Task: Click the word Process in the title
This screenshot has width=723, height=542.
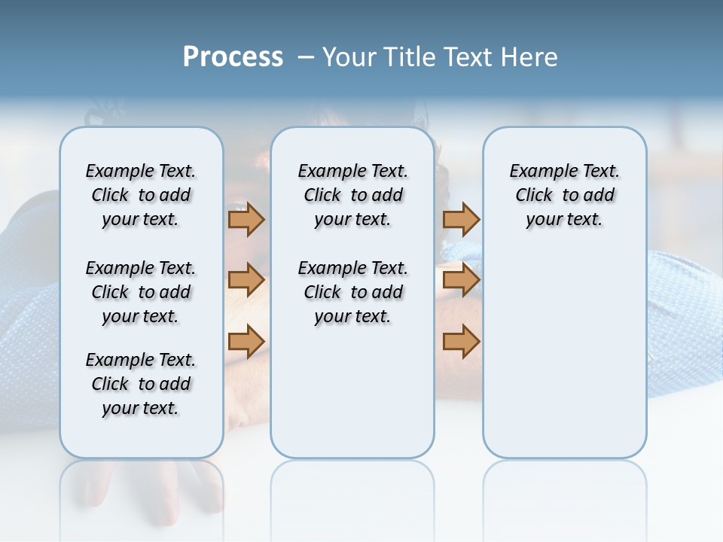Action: coord(233,57)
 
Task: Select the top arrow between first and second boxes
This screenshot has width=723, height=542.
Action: coord(246,219)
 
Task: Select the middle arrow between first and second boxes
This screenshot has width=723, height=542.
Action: coord(246,280)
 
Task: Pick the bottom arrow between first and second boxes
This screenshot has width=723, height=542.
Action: coord(246,342)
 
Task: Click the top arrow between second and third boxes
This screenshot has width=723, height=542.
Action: coord(461,219)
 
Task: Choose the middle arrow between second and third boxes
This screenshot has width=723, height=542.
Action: coord(461,280)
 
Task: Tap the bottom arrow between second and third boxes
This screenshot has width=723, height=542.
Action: coord(461,342)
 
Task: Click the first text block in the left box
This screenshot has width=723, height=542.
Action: coord(141,195)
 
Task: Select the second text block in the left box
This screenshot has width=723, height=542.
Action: coord(141,292)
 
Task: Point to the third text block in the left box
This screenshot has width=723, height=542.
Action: coord(141,384)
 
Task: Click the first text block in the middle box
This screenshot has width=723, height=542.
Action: coord(352,195)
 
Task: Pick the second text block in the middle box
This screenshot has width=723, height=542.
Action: coord(352,292)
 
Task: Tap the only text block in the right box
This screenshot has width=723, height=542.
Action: coord(564,195)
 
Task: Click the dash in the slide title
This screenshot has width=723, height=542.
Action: coord(306,57)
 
